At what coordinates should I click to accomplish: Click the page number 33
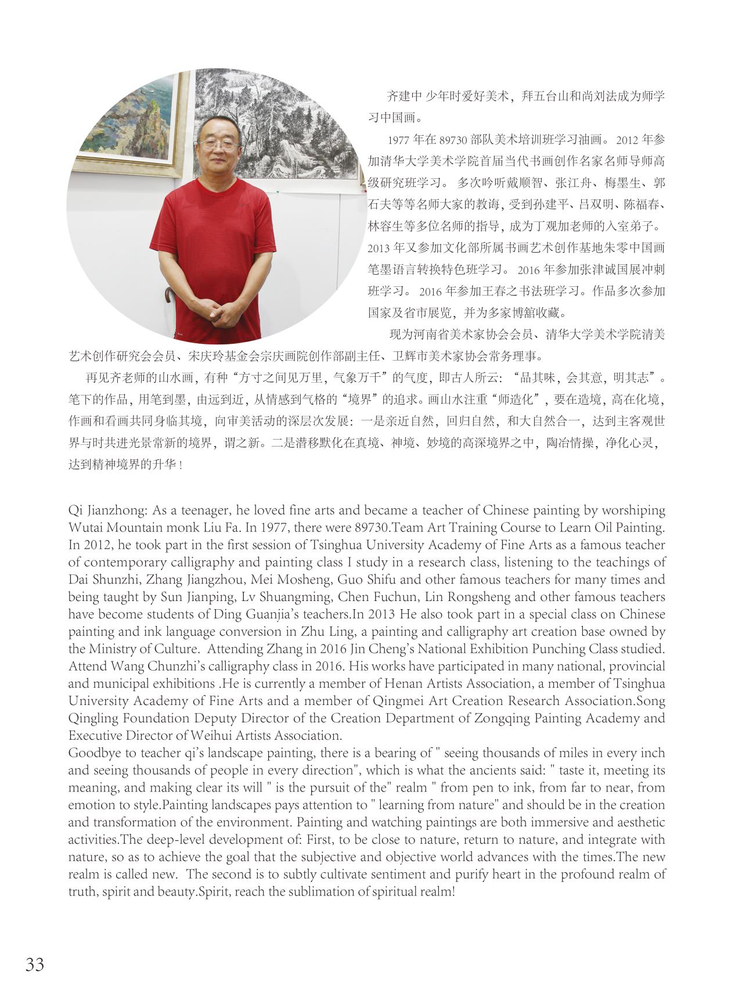click(x=35, y=965)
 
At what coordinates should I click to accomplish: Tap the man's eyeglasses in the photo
click(x=218, y=145)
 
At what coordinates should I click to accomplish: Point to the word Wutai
click(x=84, y=528)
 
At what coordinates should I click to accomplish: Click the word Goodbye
click(x=92, y=753)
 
